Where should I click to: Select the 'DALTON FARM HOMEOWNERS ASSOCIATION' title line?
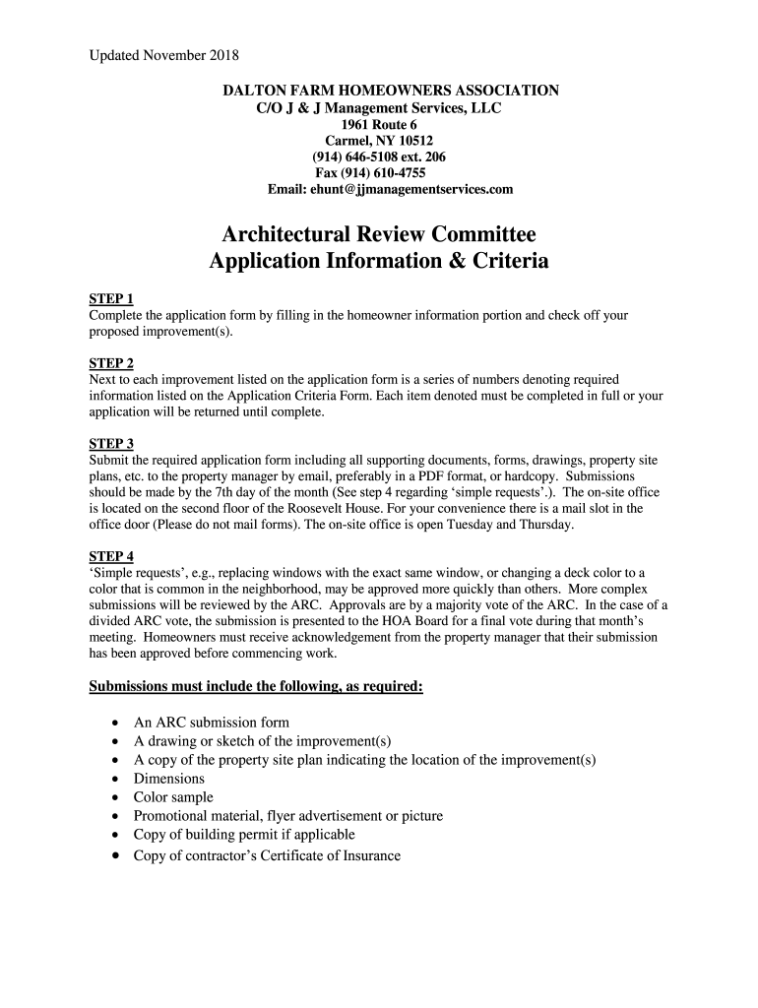pos(391,91)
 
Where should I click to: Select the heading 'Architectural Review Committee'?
pos(379,235)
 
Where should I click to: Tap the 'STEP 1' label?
pos(111,299)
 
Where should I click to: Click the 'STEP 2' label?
pos(111,363)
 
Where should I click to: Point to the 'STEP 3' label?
pos(111,444)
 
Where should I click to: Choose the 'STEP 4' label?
pos(111,556)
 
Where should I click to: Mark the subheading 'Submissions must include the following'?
pos(256,686)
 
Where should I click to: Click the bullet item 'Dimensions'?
pos(169,779)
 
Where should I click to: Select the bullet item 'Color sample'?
pos(173,797)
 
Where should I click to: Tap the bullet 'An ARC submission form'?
pos(212,723)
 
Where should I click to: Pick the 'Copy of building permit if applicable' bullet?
pos(244,835)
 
